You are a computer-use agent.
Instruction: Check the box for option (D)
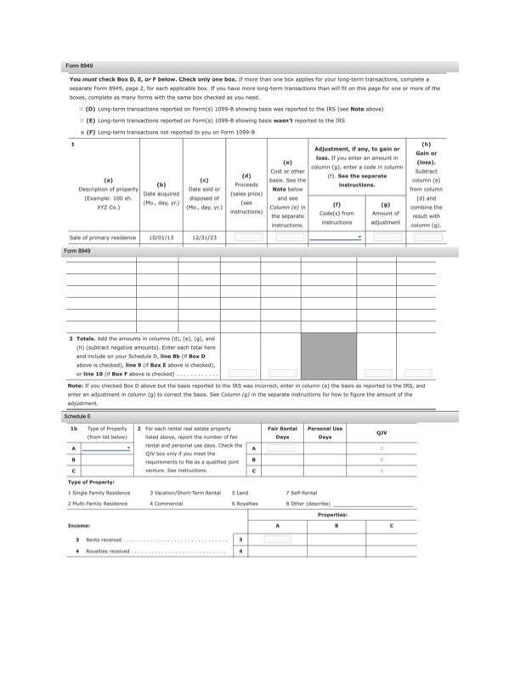pyautogui.click(x=81, y=110)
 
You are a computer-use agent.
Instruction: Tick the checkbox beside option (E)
pyautogui.click(x=81, y=121)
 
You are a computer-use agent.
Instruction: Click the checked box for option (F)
pyautogui.click(x=81, y=132)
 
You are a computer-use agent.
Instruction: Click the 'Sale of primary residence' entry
pyautogui.click(x=100, y=237)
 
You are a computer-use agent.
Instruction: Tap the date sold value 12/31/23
pyautogui.click(x=204, y=237)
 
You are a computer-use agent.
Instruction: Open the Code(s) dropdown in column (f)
pyautogui.click(x=336, y=237)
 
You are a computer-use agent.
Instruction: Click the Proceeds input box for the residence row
pyautogui.click(x=246, y=237)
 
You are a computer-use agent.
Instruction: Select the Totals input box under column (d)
pyautogui.click(x=242, y=373)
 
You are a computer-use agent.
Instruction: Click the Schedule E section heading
pyautogui.click(x=79, y=416)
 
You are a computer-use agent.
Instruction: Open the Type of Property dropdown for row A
pyautogui.click(x=107, y=447)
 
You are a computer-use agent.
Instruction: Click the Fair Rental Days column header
pyautogui.click(x=282, y=432)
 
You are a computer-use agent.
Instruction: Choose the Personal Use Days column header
pyautogui.click(x=325, y=432)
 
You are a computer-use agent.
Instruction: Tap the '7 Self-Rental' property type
pyautogui.click(x=302, y=492)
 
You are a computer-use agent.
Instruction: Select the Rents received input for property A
pyautogui.click(x=277, y=539)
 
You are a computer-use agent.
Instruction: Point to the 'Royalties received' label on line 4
pyautogui.click(x=108, y=551)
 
